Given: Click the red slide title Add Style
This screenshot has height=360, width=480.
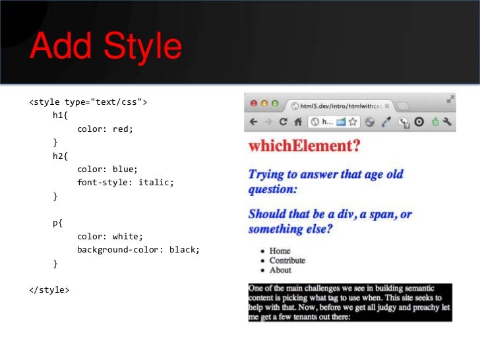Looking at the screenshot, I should click(105, 47).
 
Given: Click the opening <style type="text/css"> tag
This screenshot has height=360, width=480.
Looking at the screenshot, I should click(88, 102).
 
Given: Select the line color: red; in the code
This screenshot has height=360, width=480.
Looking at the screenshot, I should click(105, 129).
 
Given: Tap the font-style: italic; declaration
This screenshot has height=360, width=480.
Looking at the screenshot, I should click(125, 182).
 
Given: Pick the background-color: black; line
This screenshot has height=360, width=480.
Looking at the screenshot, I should click(138, 250).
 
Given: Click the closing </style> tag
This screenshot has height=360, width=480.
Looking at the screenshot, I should click(49, 290).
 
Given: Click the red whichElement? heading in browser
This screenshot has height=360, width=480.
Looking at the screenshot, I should click(304, 146).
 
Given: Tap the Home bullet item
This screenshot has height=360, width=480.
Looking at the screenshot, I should click(280, 251).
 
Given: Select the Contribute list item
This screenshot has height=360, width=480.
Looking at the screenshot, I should click(287, 260).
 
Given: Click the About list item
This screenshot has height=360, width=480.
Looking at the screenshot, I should click(280, 270).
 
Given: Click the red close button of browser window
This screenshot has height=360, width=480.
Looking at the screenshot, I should click(254, 104).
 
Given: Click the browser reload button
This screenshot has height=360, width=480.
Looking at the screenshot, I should click(284, 122).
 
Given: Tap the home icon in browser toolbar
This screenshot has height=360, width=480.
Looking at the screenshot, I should click(297, 122).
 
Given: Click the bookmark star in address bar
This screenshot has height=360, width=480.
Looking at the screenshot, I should click(353, 122).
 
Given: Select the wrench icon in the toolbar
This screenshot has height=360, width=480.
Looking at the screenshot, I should click(448, 122).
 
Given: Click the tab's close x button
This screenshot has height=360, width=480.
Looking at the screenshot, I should click(387, 105).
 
